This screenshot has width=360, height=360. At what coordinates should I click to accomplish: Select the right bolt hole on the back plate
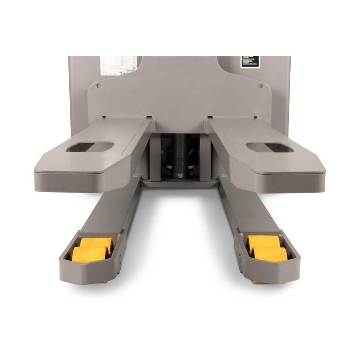tap(261, 85)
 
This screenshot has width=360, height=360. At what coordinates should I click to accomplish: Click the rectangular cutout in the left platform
tap(90, 147)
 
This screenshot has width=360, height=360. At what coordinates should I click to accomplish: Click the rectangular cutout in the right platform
tap(269, 148)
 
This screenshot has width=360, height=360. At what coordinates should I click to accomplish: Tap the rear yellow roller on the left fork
tap(97, 243)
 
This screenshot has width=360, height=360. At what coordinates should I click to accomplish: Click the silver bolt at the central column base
tap(180, 175)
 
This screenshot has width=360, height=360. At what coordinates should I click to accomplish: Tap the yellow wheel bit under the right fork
tap(258, 282)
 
